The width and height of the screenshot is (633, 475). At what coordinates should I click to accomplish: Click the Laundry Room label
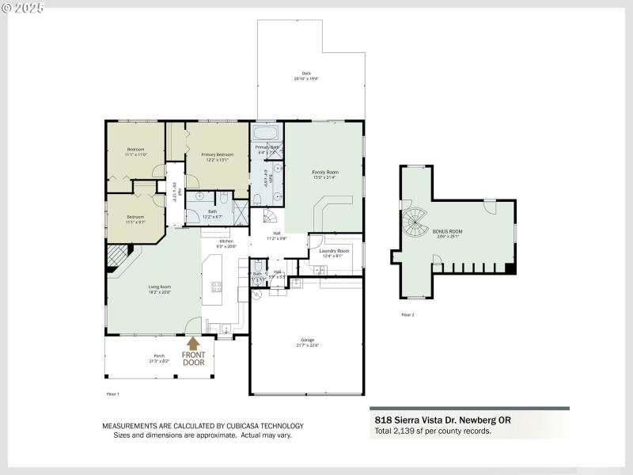[335, 253]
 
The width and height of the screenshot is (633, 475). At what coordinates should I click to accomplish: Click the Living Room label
[159, 289]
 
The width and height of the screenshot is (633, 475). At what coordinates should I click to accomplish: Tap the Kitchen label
[226, 243]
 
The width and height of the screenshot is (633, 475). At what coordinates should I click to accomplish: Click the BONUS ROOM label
[449, 233]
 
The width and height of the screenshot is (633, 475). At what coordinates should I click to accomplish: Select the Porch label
[159, 358]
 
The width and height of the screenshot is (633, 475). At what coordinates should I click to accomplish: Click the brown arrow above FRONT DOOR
[193, 344]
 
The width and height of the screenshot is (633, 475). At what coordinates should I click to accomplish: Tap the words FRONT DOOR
[193, 359]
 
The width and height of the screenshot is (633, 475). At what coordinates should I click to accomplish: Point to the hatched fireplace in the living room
[116, 255]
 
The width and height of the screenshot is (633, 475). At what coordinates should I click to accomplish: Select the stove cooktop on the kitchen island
[216, 287]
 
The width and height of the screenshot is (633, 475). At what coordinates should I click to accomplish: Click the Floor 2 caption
[407, 315]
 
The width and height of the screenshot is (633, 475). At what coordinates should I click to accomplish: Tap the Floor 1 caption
[112, 393]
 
